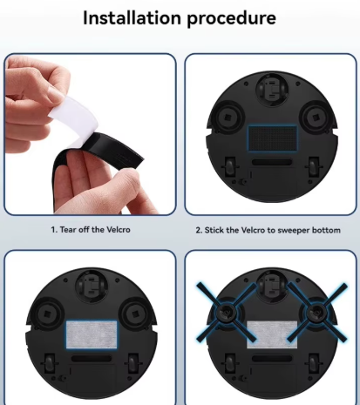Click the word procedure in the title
231,19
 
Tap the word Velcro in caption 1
119,230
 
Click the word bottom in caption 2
326,230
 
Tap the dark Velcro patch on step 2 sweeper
272,138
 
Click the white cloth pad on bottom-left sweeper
92,334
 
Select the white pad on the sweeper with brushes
272,334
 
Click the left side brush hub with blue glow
226,313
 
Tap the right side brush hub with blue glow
316,313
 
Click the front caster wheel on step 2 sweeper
272,89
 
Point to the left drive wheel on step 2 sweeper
229,167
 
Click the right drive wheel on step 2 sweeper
313,167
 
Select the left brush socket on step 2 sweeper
228,118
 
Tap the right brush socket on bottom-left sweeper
134,314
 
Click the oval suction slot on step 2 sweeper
272,162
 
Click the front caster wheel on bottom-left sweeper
92,286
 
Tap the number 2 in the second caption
199,231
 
